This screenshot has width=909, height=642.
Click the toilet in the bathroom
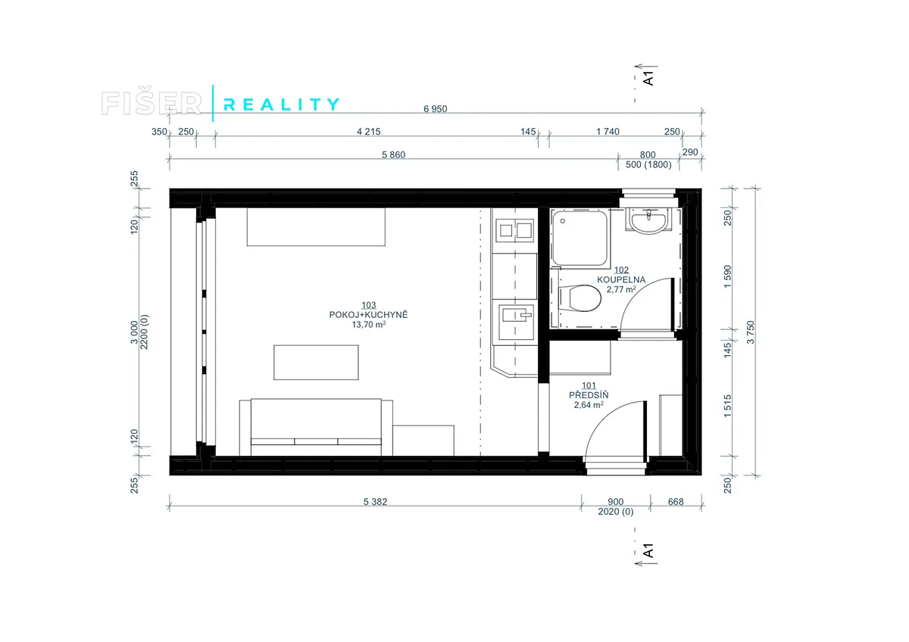[x=580, y=298]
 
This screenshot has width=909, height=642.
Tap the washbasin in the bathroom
[x=648, y=221]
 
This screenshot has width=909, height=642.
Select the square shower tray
[x=580, y=238]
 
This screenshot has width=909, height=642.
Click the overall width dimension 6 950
[x=435, y=109]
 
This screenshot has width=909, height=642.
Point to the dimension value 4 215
[x=368, y=132]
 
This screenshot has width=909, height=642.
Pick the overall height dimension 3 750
[x=751, y=332]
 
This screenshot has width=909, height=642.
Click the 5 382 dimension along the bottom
[x=375, y=502]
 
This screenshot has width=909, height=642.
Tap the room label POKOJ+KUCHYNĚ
[x=368, y=315]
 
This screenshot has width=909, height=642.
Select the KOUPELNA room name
[x=621, y=279]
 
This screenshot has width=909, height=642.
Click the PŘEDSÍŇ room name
[x=589, y=394]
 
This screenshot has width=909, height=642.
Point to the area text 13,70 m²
[x=368, y=325]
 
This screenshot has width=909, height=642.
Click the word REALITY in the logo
[x=281, y=104]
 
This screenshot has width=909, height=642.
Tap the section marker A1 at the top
[x=648, y=78]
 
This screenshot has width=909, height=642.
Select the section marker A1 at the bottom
[x=648, y=550]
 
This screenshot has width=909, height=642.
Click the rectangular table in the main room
[x=316, y=362]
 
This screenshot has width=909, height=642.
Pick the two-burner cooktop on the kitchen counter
[x=514, y=230]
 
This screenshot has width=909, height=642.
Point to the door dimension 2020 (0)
[x=615, y=512]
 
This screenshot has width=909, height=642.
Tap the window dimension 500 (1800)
[x=648, y=164]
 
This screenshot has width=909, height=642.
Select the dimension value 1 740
[x=608, y=132]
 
